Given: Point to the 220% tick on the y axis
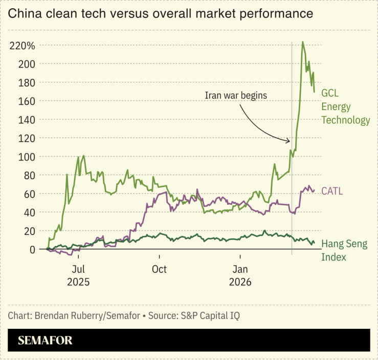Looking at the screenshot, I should [22, 46].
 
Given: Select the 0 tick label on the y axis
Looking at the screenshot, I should [32, 249].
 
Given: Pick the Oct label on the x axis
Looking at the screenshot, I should [159, 269].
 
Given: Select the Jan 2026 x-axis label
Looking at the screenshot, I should [240, 276].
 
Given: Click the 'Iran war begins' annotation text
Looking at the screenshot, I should [236, 95].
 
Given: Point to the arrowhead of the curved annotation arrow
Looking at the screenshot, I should [289, 141].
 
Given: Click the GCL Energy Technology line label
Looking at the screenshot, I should [345, 107].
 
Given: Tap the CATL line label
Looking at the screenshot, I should [331, 191].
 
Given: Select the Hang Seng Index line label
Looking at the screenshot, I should [344, 250].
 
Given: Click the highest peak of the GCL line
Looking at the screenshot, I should [303, 42].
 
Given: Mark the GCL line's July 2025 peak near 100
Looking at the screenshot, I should [83, 156].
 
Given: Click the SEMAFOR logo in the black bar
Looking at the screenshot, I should [45, 341].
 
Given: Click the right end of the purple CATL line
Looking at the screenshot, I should [314, 190].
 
